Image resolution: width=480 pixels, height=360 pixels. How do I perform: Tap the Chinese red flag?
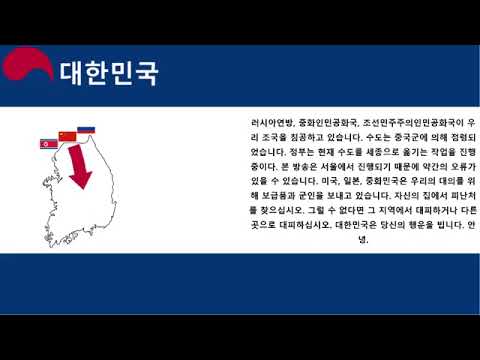pos(67,136)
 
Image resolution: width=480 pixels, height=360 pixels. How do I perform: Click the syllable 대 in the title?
pos(72,73)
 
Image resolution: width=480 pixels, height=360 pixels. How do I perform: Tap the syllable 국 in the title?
pos(146,73)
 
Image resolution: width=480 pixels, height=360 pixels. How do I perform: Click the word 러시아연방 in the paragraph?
pos(274,122)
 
